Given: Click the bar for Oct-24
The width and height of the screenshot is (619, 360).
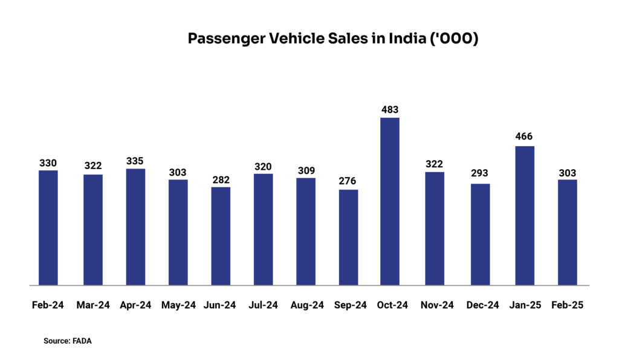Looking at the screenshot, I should click(390, 201).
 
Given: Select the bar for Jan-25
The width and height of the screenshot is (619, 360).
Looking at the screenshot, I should click(524, 215).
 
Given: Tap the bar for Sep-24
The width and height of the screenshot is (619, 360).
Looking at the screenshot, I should click(348, 237).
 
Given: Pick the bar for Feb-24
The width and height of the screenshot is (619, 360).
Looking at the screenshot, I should click(48, 228).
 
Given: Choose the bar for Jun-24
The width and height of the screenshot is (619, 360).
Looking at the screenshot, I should click(221, 236).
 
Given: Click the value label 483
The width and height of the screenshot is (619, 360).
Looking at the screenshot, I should click(390, 109).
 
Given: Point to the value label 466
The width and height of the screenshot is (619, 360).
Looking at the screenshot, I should click(524, 137).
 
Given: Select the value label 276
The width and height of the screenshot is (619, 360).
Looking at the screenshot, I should click(348, 181).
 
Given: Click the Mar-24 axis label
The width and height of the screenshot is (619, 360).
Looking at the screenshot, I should click(93, 306).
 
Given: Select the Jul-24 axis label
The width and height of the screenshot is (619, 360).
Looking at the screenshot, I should click(263, 306).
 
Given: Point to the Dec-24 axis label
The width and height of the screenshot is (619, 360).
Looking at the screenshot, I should click(482, 306).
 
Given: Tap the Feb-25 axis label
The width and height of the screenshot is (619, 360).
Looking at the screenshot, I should click(567, 306).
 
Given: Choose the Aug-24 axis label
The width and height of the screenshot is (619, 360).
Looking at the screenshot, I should click(307, 306).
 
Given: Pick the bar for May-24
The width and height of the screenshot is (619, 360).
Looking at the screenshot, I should click(178, 232).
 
